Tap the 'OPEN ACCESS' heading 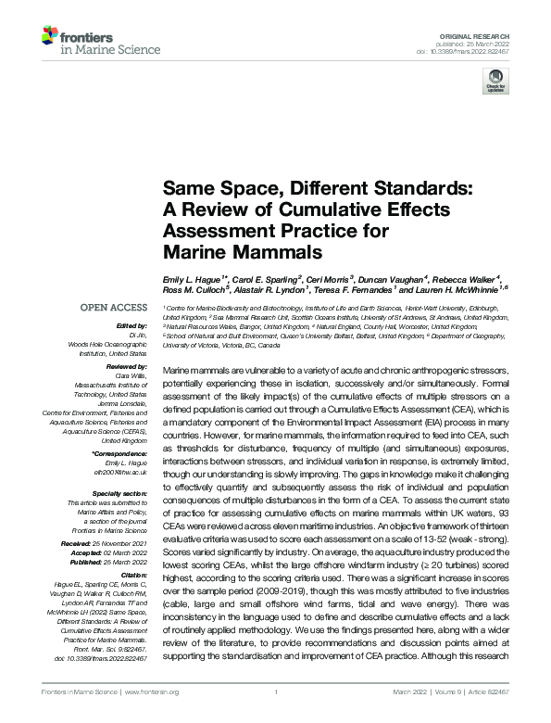[x=114, y=308]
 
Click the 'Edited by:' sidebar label [x=130, y=326]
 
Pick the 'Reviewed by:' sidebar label [x=126, y=368]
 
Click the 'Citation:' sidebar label [x=132, y=575]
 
